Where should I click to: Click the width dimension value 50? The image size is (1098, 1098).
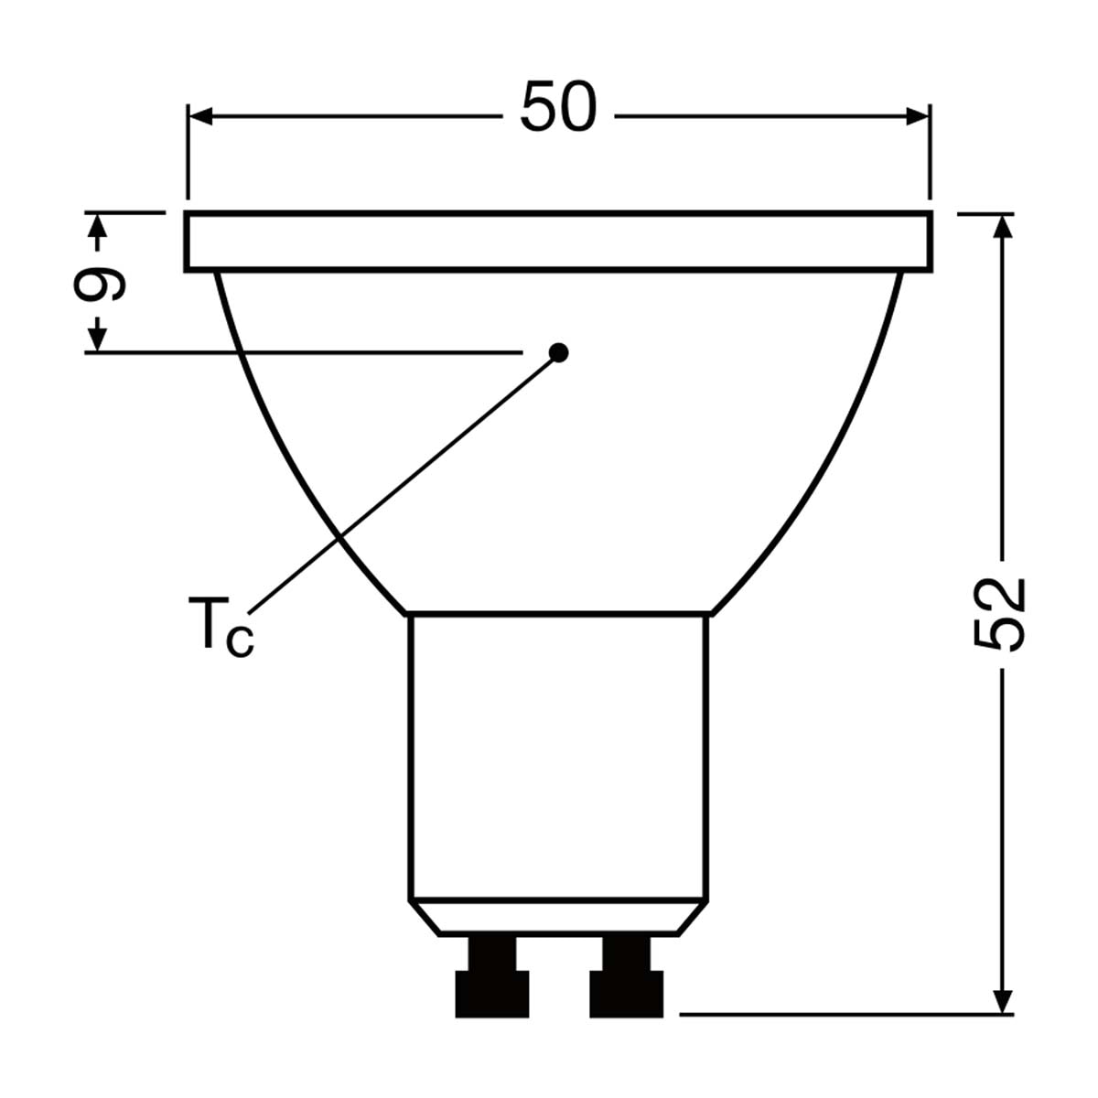click(558, 106)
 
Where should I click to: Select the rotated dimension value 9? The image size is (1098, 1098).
click(99, 283)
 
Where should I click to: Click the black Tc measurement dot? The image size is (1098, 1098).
click(558, 352)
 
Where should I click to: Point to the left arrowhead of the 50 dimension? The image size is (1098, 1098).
click(200, 116)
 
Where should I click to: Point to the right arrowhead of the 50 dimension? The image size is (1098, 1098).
click(918, 116)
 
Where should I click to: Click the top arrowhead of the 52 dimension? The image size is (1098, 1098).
click(1002, 226)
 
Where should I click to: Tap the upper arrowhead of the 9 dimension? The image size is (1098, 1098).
click(98, 226)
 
